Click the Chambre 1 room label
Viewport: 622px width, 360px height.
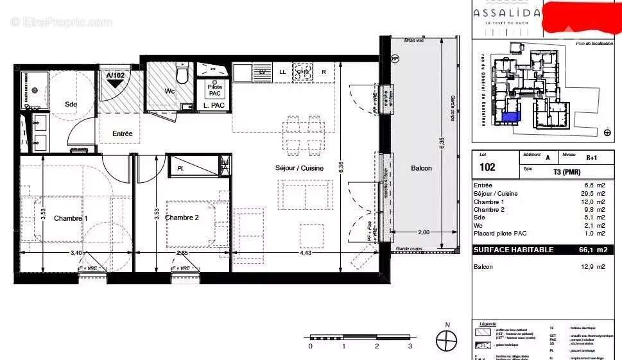click(x=71, y=218)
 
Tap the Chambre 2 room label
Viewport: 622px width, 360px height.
click(x=182, y=218)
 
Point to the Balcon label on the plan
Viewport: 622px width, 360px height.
click(x=421, y=168)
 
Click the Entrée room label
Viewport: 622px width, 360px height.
click(x=123, y=134)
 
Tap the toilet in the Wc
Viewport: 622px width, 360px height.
click(x=182, y=74)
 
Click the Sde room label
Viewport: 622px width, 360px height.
click(x=70, y=104)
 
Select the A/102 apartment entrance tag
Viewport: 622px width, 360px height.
click(x=116, y=76)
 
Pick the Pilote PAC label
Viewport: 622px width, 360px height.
click(x=214, y=90)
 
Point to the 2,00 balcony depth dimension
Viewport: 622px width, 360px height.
click(x=424, y=232)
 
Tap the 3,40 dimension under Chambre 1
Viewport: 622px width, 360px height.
click(x=76, y=252)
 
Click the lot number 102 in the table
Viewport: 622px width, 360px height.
click(x=487, y=167)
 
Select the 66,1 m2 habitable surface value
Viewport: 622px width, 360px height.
click(x=592, y=250)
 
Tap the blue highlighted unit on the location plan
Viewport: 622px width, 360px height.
click(x=510, y=117)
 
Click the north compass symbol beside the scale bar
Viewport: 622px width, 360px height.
click(x=446, y=339)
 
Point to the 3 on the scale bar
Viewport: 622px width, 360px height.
click(x=410, y=347)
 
